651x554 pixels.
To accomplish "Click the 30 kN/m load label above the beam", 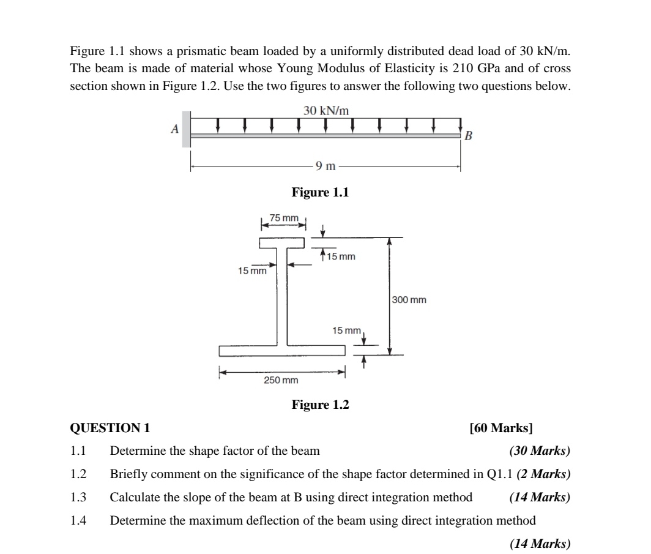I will pos(326,110).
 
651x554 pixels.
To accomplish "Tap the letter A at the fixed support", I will pos(174,129).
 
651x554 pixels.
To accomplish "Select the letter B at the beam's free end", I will pos(469,135).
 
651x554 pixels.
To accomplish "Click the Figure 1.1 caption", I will pos(320,192).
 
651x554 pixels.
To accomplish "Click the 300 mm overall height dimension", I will pos(409,300).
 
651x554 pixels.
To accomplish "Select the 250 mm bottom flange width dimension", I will pos(281,380).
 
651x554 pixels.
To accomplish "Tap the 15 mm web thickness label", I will pos(252,270).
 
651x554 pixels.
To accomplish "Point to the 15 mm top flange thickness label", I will pos(341,256).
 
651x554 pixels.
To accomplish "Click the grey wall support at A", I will pos(186,129).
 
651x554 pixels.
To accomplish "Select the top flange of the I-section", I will pos(282,243).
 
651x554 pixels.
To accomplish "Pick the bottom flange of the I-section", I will pos(282,351).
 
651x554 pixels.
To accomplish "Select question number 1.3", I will pos(78,497).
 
